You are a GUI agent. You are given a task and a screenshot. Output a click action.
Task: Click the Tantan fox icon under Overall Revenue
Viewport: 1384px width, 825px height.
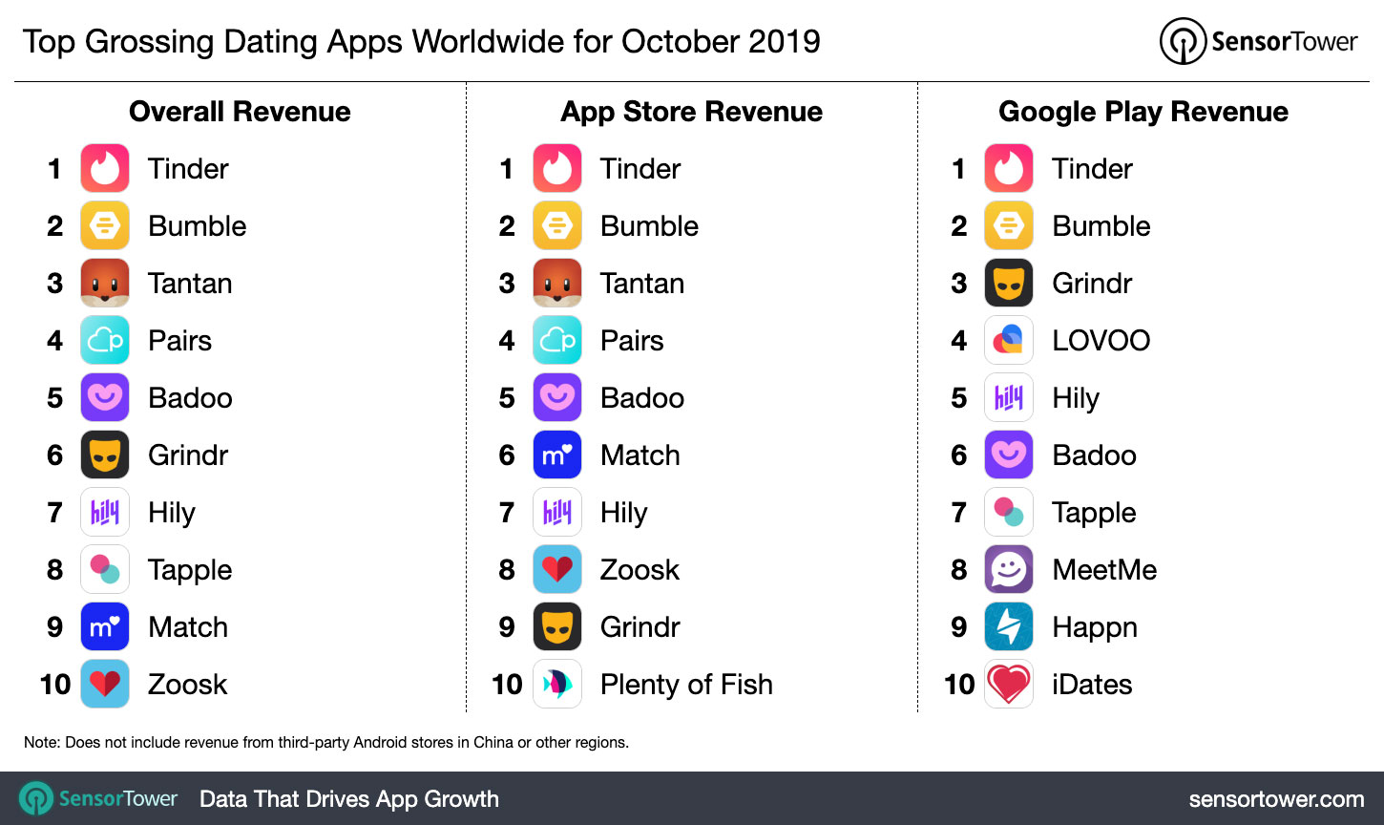click(105, 283)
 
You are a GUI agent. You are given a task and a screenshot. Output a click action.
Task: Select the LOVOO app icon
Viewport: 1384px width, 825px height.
click(1008, 340)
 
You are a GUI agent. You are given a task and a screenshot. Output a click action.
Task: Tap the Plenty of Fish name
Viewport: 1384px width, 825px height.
click(686, 684)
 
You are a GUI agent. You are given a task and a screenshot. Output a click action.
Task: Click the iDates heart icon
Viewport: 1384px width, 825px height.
click(1008, 684)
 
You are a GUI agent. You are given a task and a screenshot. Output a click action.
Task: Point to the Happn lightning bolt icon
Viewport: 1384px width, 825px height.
click(1008, 626)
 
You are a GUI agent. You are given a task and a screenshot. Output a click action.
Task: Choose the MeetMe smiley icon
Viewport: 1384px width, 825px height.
click(1008, 569)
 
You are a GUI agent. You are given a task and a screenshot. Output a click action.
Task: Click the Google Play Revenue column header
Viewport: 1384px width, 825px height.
click(1143, 112)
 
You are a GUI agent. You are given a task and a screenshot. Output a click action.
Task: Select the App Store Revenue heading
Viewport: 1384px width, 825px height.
click(691, 112)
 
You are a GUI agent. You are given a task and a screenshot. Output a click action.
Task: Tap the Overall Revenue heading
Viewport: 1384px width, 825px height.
click(240, 112)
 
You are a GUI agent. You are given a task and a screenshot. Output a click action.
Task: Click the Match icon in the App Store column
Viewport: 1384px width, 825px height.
click(556, 455)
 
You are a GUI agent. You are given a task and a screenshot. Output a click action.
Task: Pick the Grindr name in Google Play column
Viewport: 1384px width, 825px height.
click(1092, 283)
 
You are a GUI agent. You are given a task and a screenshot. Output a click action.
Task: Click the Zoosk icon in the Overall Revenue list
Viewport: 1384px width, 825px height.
click(105, 684)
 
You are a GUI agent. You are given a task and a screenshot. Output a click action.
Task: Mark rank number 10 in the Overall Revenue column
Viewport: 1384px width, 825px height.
click(55, 684)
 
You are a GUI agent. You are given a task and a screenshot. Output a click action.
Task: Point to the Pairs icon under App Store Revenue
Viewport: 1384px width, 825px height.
click(556, 340)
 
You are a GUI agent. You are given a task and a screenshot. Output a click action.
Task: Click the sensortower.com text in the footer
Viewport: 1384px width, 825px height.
click(1276, 799)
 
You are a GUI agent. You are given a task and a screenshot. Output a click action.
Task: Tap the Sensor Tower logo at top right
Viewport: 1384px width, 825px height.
click(1258, 42)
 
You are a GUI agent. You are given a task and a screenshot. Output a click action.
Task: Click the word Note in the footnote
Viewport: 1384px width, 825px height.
click(41, 742)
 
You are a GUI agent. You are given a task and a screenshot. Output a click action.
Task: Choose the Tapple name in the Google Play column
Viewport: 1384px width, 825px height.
click(1094, 513)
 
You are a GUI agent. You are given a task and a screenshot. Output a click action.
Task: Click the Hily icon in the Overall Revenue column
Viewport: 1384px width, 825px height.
click(105, 512)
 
